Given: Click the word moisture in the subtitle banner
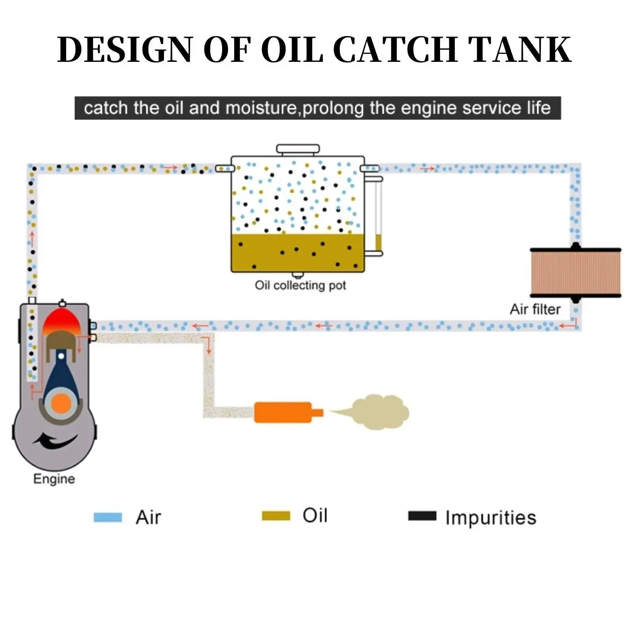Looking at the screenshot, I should [x=261, y=108].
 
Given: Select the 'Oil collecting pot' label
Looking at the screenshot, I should [x=300, y=285].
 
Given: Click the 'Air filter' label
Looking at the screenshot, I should [x=535, y=309].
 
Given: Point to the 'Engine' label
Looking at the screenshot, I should [x=54, y=479].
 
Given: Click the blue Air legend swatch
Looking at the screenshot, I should [x=108, y=517].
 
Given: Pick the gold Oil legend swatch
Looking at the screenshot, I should [x=276, y=516].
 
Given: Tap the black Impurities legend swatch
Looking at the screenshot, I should [x=422, y=516].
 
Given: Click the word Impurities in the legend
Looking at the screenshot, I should [x=490, y=517].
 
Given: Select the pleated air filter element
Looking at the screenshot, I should [x=575, y=272].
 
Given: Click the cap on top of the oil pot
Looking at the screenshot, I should [x=298, y=149].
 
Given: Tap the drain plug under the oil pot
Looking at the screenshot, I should [x=298, y=276].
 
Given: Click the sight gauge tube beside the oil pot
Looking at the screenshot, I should [x=378, y=215].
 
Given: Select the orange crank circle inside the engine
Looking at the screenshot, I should [x=61, y=403].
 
